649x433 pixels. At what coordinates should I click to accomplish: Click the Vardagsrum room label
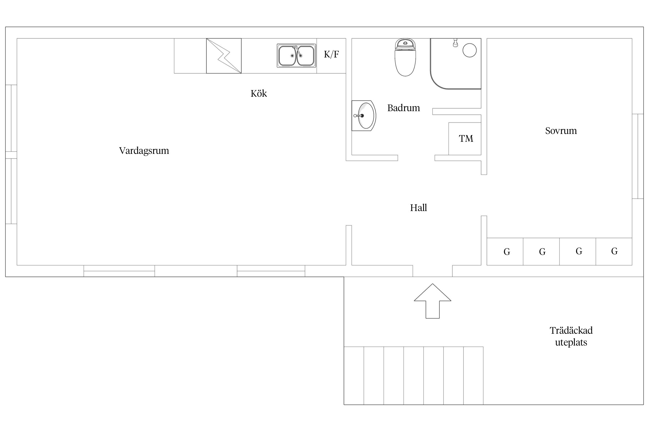pyautogui.click(x=144, y=151)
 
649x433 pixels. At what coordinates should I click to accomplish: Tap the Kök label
pyautogui.click(x=259, y=93)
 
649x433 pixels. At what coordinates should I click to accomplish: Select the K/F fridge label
pyautogui.click(x=331, y=54)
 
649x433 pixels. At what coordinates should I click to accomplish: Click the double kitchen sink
pyautogui.click(x=296, y=56)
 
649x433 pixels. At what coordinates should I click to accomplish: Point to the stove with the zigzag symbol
pyautogui.click(x=224, y=56)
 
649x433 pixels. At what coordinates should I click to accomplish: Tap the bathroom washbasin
pyautogui.click(x=364, y=115)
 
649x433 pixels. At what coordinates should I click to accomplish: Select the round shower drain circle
pyautogui.click(x=469, y=50)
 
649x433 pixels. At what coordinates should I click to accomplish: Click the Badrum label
pyautogui.click(x=404, y=108)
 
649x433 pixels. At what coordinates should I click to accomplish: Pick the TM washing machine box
pyautogui.click(x=465, y=139)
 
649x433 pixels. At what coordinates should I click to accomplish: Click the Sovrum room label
pyautogui.click(x=561, y=131)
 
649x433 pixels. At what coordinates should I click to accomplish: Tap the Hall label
pyautogui.click(x=418, y=208)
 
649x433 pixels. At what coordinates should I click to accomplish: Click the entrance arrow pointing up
pyautogui.click(x=432, y=301)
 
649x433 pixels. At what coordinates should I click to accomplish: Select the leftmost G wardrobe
pyautogui.click(x=505, y=251)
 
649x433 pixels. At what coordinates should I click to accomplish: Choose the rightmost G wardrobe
pyautogui.click(x=614, y=251)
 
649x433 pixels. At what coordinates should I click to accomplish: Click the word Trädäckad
pyautogui.click(x=571, y=330)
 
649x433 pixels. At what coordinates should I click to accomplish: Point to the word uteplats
pyautogui.click(x=571, y=343)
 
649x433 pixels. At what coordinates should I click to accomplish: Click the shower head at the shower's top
pyautogui.click(x=455, y=42)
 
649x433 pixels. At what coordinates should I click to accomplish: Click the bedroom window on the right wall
pyautogui.click(x=638, y=156)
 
